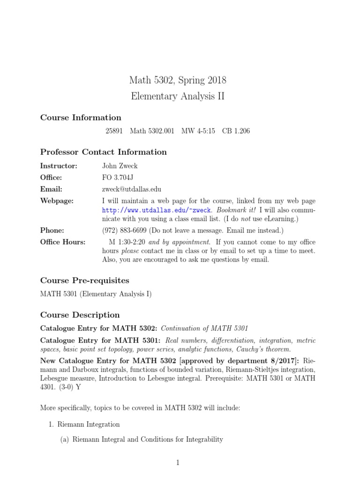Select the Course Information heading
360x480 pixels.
click(x=81, y=117)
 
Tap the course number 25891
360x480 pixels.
click(x=114, y=131)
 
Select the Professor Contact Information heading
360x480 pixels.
click(x=103, y=152)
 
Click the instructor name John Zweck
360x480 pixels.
click(x=120, y=166)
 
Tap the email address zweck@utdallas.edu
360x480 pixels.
click(x=132, y=189)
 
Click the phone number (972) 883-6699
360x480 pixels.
click(x=124, y=231)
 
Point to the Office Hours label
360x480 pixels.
click(x=63, y=242)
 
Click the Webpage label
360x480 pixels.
click(x=57, y=201)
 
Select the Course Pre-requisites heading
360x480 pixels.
click(x=84, y=280)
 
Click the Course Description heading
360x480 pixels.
click(x=80, y=315)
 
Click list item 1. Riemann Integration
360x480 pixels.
click(x=84, y=424)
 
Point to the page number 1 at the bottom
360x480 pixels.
click(x=178, y=463)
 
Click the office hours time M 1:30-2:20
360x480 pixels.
click(x=128, y=242)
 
